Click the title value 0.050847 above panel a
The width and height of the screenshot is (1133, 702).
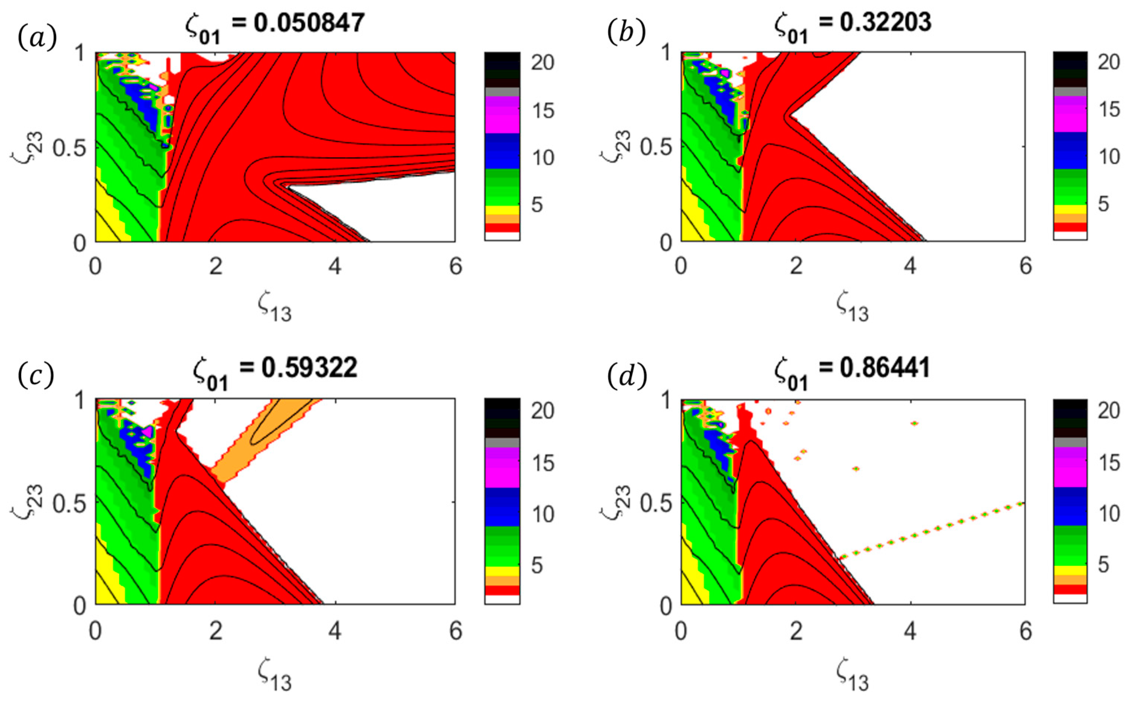(309, 22)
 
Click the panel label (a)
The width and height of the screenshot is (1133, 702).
(37, 37)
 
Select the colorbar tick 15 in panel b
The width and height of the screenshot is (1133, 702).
(1109, 110)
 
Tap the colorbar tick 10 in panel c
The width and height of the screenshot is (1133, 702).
(543, 514)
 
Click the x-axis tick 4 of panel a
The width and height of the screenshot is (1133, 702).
(335, 266)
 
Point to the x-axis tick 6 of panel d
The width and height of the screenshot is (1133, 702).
(1025, 631)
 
